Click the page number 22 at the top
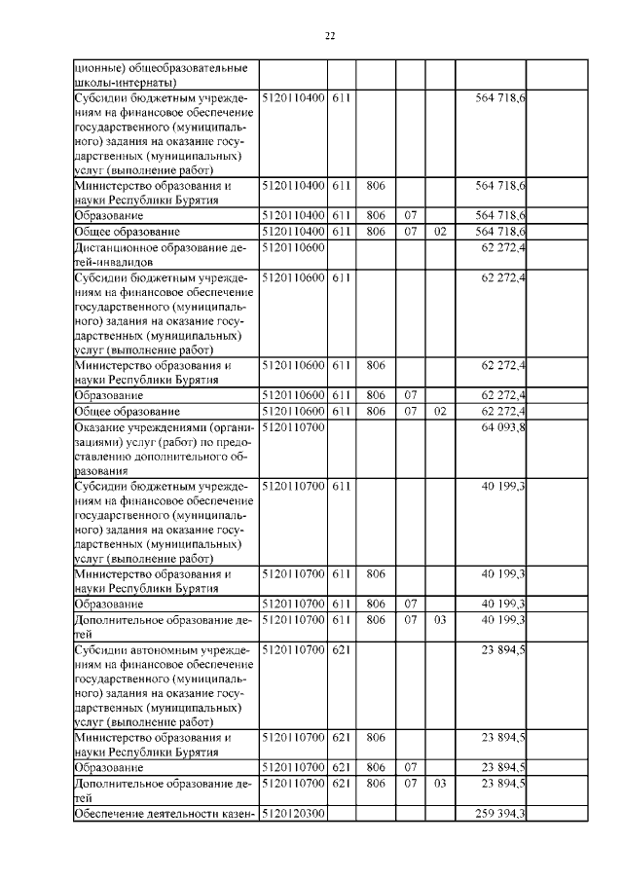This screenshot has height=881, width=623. (329, 36)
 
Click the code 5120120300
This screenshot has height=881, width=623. (293, 814)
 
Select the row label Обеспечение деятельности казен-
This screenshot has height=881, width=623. (164, 814)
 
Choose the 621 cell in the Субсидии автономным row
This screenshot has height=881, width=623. (341, 647)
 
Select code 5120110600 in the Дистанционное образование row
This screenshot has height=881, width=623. (293, 248)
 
